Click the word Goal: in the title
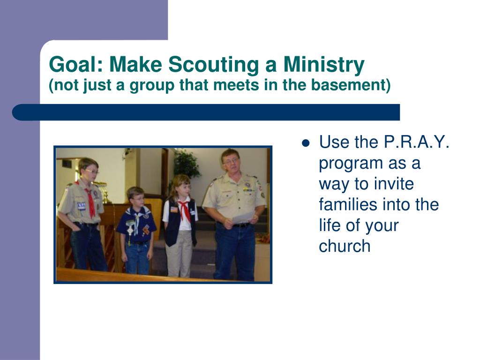pyautogui.click(x=76, y=64)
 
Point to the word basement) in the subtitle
pyautogui.click(x=351, y=85)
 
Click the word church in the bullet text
pyautogui.click(x=345, y=246)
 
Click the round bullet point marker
pyautogui.click(x=306, y=143)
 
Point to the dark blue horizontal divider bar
pyautogui.click(x=206, y=112)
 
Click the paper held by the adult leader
pyautogui.click(x=243, y=217)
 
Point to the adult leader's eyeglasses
pyautogui.click(x=232, y=161)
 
